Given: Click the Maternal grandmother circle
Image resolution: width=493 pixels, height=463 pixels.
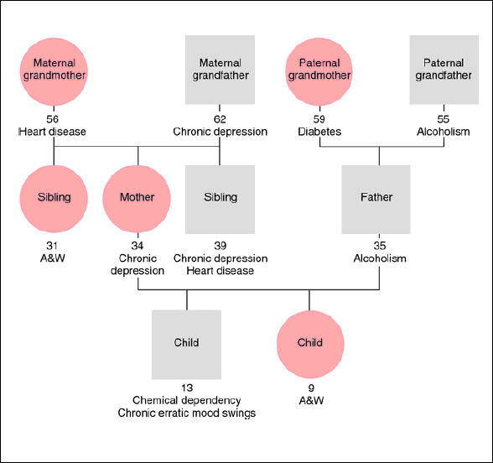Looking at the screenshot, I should [54, 69].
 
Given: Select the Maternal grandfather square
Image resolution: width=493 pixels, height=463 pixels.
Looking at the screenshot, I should [220, 69].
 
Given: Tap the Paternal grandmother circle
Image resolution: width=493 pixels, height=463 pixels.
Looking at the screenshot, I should [319, 69].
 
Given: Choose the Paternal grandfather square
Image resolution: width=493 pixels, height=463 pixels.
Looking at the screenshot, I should [444, 69].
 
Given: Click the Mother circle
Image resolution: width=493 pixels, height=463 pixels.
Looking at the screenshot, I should [137, 198].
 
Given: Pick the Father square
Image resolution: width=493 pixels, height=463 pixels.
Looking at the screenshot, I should [376, 198].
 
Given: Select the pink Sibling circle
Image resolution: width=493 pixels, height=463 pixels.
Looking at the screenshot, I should [54, 198].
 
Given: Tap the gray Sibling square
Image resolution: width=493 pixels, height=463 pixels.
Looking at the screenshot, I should [220, 198].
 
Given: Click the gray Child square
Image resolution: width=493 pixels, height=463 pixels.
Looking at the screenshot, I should [186, 343].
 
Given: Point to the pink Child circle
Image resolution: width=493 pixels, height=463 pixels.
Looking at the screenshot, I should [309, 343].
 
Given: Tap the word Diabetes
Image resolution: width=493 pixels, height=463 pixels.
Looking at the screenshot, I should [319, 132].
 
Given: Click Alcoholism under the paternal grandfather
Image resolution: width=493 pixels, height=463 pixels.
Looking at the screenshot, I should [444, 132].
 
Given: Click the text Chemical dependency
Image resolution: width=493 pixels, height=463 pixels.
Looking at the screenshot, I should [186, 401].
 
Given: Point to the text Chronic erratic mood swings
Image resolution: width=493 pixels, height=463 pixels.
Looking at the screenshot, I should [186, 413].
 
